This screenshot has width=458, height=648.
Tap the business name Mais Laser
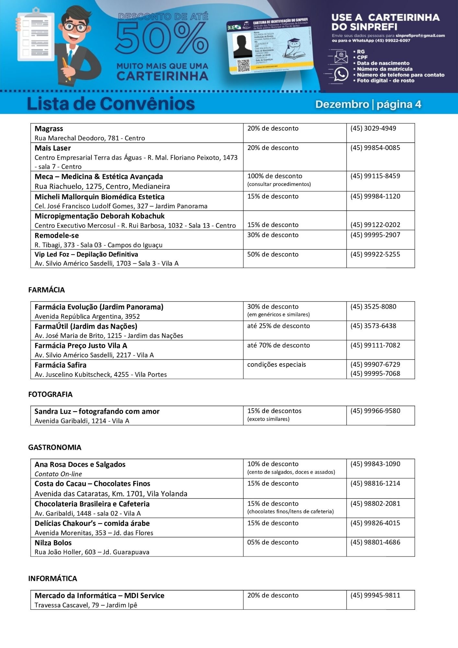coord(52,148)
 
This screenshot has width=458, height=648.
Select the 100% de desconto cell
coord(275,176)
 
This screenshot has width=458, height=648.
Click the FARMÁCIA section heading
coord(46,290)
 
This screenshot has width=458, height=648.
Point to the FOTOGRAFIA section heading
coord(50,394)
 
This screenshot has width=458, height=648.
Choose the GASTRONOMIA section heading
coord(55,447)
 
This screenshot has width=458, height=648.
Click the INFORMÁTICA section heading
coord(52,578)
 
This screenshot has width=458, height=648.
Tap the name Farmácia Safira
coord(61,365)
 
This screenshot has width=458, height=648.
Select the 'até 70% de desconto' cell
coord(279,345)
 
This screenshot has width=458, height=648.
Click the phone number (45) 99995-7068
coord(375,373)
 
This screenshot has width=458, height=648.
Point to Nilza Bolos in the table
coord(53,543)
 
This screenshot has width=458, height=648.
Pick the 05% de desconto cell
coord(273,542)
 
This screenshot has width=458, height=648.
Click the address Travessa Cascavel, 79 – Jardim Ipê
coord(86,605)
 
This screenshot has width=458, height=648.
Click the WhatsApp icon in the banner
coord(341,74)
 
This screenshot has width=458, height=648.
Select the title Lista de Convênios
coord(111,104)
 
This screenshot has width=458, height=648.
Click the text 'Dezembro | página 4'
coord(368,104)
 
